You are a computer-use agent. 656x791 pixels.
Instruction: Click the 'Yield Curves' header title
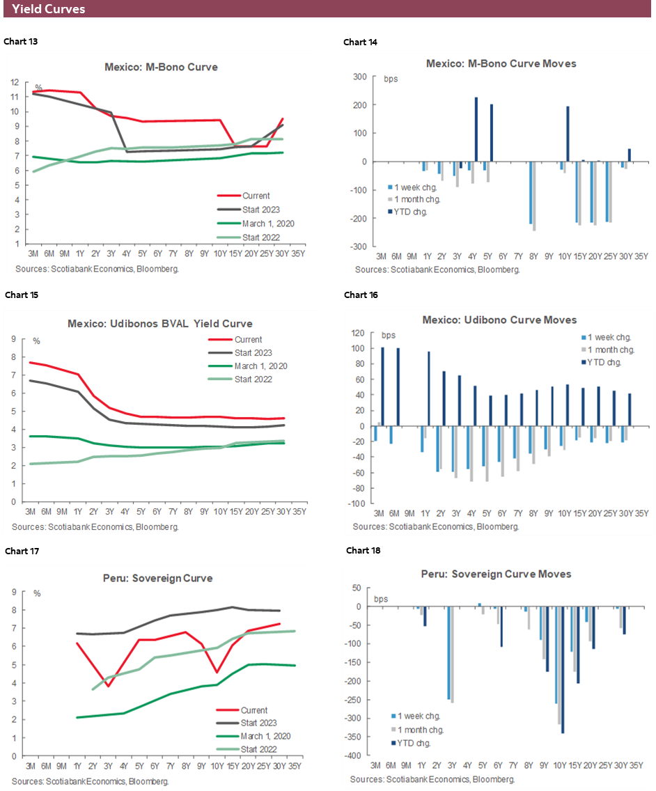coord(49,9)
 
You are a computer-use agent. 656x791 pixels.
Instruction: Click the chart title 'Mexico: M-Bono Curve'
coord(161,68)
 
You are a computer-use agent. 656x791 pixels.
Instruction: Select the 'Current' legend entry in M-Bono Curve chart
coord(256,196)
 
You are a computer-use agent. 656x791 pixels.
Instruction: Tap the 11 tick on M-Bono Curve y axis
coord(15,95)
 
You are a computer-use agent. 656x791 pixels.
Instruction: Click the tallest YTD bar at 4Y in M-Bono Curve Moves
coord(476,129)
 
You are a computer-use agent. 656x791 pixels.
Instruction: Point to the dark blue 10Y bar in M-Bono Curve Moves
coord(568,134)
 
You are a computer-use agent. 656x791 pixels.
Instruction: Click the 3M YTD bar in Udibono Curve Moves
coord(382,386)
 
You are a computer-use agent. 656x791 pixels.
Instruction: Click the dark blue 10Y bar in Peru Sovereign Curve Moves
coord(563,669)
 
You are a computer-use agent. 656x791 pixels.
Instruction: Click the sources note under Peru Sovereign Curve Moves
coord(435,778)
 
